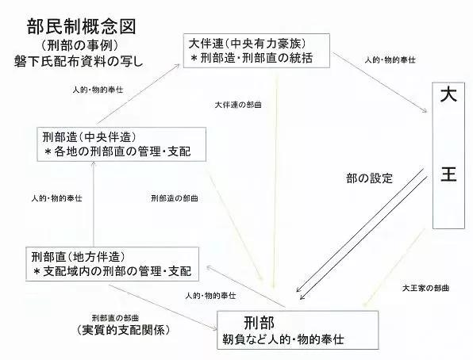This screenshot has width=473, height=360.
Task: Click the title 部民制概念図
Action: click(x=82, y=26)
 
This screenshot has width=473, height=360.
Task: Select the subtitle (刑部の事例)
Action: click(x=79, y=46)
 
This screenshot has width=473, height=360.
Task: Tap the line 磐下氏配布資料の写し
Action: click(x=79, y=61)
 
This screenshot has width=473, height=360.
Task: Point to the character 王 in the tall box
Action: click(x=448, y=174)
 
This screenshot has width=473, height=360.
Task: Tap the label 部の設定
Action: click(x=370, y=178)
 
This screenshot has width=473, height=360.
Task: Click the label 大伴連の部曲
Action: click(x=238, y=105)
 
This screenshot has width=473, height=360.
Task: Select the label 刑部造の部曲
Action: click(x=175, y=198)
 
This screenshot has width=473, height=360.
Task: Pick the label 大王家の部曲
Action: click(x=425, y=288)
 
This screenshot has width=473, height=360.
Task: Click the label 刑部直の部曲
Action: click(x=115, y=318)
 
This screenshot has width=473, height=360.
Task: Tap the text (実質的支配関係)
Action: click(x=123, y=330)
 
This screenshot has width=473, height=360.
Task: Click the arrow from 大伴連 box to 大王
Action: click(x=380, y=82)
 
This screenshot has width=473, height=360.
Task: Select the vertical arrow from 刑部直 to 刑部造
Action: click(x=94, y=204)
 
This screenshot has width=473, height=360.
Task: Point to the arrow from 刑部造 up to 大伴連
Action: click(x=138, y=94)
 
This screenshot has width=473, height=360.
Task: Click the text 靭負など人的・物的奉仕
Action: click(x=283, y=339)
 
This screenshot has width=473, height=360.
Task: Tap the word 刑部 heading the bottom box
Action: click(x=260, y=323)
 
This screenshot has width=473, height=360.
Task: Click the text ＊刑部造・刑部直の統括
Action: click(x=252, y=58)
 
